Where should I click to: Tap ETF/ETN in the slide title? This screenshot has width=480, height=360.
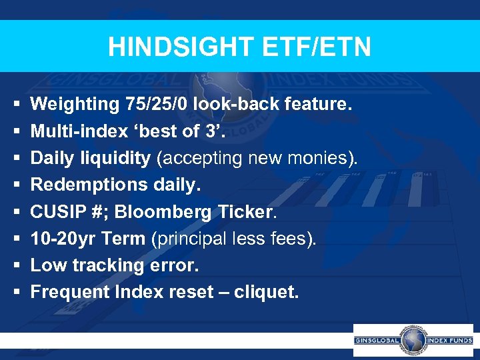tap(315, 47)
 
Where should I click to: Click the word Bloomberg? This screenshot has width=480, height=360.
tap(163, 211)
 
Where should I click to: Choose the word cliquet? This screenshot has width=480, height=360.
tap(264, 292)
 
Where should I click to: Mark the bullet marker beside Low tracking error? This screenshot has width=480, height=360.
tap(14, 265)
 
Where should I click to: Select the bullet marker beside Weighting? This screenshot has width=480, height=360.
tap(14, 104)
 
